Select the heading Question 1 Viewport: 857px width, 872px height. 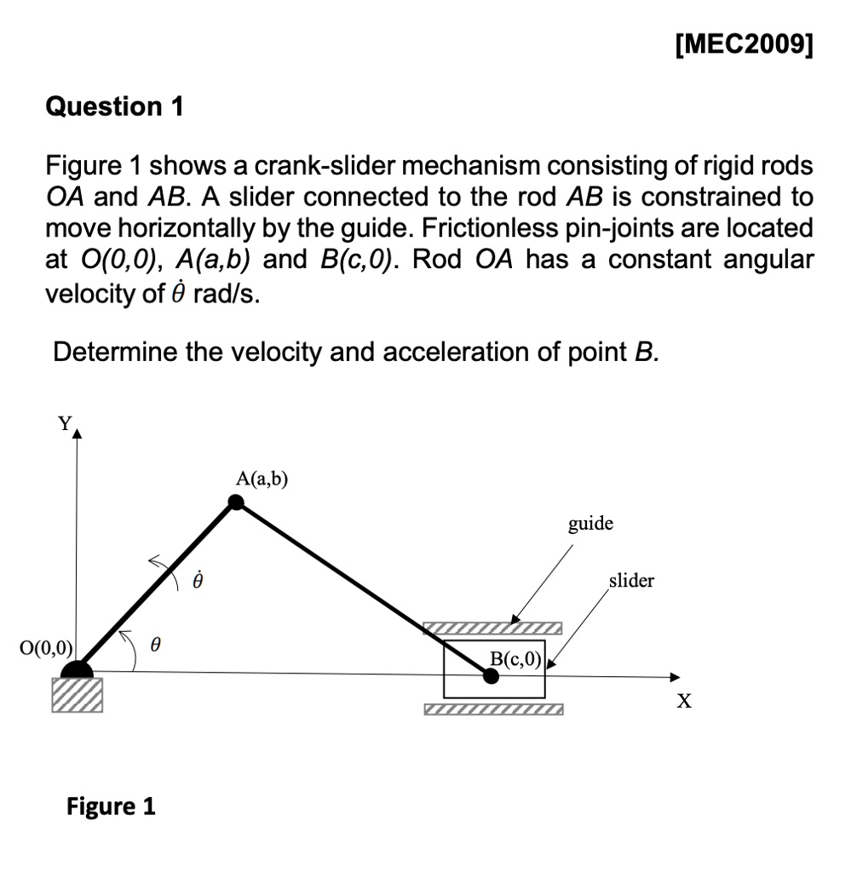pos(114,106)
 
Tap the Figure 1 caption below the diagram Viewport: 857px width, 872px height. pos(111,806)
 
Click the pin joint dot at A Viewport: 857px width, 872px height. pos(238,503)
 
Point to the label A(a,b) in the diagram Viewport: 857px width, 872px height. pos(262,479)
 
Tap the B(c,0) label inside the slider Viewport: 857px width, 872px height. pos(515,657)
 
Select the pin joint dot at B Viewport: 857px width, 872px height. pos(491,675)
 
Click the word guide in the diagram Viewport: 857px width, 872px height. pos(590,523)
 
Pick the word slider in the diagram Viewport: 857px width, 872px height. pos(631,581)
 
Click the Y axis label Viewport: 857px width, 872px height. pos(63,423)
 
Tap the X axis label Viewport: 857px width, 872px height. pos(683,702)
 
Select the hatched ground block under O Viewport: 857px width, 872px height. pos(78,694)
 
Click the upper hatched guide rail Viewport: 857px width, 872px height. pos(493,628)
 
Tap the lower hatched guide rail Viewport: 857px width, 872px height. pos(493,709)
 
